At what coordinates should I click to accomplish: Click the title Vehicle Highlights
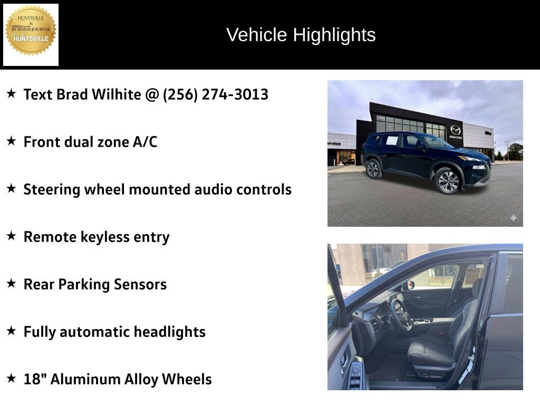pyautogui.click(x=301, y=35)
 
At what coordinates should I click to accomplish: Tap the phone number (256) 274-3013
pyautogui.click(x=216, y=94)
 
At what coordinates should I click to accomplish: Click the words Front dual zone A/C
pyautogui.click(x=90, y=142)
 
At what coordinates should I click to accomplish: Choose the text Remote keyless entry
pyautogui.click(x=97, y=237)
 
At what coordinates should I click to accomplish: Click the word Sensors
pyautogui.click(x=141, y=284)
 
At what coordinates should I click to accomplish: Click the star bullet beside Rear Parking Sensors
pyautogui.click(x=11, y=283)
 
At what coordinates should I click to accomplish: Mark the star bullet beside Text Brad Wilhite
pyautogui.click(x=11, y=93)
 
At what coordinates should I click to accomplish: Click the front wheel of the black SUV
pyautogui.click(x=448, y=181)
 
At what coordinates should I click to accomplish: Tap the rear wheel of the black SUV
pyautogui.click(x=373, y=169)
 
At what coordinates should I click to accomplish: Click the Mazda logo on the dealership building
pyautogui.click(x=455, y=130)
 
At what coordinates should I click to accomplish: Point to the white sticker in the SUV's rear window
pyautogui.click(x=391, y=140)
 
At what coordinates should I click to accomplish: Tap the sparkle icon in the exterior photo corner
pyautogui.click(x=513, y=218)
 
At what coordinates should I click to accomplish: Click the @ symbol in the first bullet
pyautogui.click(x=153, y=94)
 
